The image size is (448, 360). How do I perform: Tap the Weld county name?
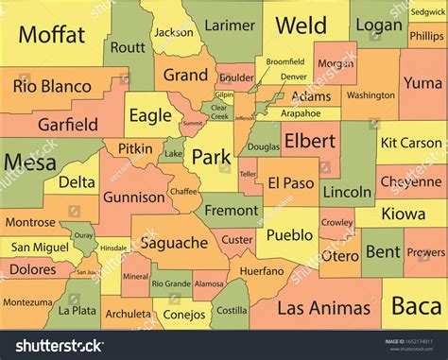[x=302, y=26]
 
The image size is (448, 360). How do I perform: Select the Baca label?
[x=416, y=280]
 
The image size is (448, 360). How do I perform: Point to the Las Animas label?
[x=324, y=281]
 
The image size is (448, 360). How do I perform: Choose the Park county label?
[x=210, y=157]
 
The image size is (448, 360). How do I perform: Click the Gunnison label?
[x=133, y=197]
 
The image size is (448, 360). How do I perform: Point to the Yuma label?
[x=422, y=83]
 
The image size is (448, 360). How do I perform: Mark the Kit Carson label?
[x=410, y=144]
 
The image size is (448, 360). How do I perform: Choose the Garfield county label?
[x=67, y=124]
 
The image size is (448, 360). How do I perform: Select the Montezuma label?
[x=27, y=302]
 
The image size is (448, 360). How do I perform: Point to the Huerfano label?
[x=261, y=269]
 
